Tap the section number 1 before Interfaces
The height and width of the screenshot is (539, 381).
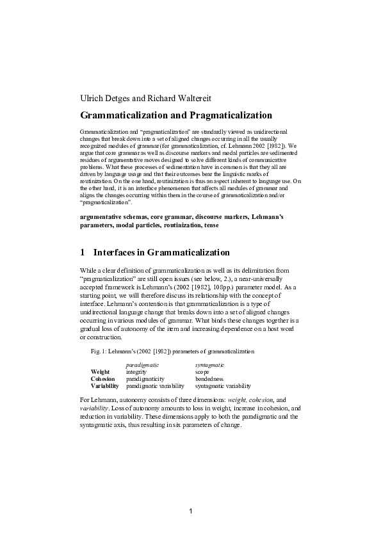tap(83, 252)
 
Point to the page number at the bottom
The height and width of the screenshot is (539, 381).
tap(191, 510)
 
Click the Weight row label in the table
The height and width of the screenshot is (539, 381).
tap(101, 371)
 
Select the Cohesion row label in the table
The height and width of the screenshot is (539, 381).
tap(103, 378)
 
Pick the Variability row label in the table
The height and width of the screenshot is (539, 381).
tap(106, 386)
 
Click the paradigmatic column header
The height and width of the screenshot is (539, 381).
tap(142, 364)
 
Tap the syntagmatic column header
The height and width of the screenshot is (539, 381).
tap(209, 364)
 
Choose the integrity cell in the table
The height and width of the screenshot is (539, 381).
tap(136, 371)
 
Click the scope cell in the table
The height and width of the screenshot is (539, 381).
tap(202, 371)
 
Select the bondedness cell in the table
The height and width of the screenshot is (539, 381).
tap(209, 378)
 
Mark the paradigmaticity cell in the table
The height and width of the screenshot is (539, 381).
tap(146, 378)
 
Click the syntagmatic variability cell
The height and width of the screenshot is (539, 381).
tap(223, 386)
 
